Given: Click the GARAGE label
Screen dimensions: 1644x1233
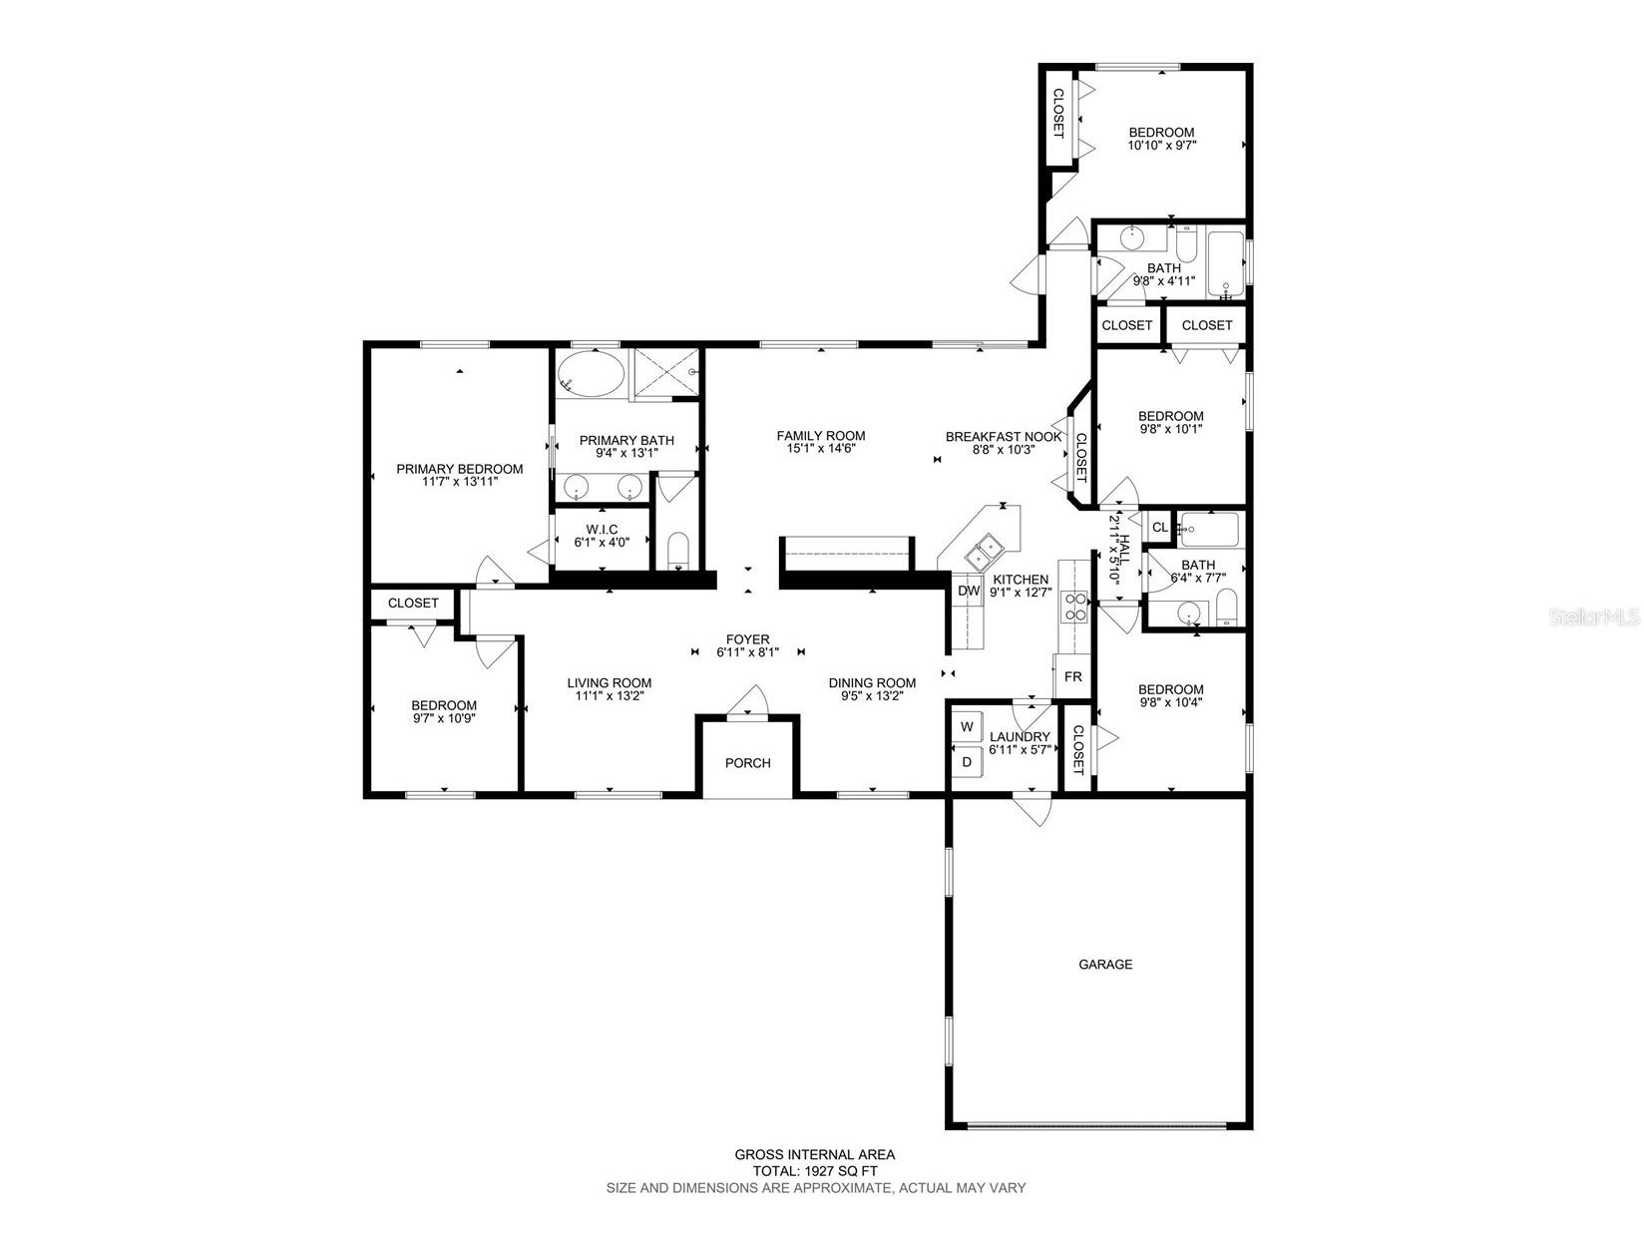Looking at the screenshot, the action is click(x=1104, y=965).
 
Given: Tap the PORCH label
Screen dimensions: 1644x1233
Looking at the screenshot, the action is click(x=747, y=763).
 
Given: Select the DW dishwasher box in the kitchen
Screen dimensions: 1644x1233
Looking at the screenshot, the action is click(x=969, y=591).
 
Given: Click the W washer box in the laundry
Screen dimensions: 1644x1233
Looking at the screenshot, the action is click(x=967, y=727).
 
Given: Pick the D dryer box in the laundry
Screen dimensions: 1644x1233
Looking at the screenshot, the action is click(x=967, y=762).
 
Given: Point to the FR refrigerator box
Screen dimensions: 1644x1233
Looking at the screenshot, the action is click(x=1072, y=676).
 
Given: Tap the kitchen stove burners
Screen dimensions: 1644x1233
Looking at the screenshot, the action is click(x=1075, y=607).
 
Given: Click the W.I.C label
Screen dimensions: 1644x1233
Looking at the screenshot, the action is click(x=602, y=530).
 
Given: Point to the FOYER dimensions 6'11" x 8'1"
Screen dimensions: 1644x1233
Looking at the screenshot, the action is click(x=747, y=652).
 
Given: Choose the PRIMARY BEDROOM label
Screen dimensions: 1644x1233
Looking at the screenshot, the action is click(x=459, y=469).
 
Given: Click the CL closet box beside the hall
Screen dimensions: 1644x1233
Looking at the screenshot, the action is click(x=1159, y=527).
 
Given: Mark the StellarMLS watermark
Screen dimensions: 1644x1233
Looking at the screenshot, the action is click(x=1593, y=617).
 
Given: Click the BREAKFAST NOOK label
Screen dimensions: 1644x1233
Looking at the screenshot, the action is click(x=1003, y=437).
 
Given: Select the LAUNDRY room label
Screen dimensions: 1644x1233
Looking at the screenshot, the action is click(x=1020, y=736).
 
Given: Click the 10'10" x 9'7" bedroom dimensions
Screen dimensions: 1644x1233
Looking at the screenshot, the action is click(x=1161, y=146).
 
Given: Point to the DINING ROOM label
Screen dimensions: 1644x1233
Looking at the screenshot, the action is click(x=872, y=682).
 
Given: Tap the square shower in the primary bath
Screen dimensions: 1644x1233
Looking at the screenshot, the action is click(x=666, y=373).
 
